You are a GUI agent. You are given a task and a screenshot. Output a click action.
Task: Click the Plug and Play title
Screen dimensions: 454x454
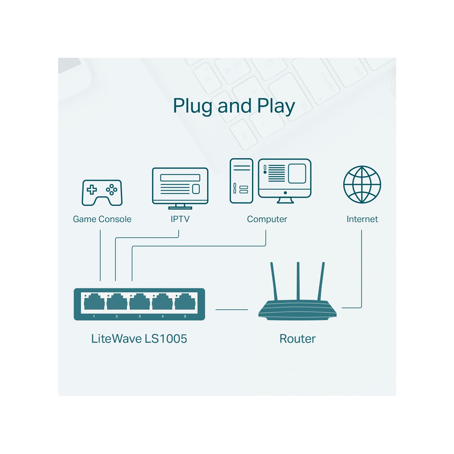point(234,106)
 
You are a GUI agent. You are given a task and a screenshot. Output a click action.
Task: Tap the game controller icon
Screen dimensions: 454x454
point(102,192)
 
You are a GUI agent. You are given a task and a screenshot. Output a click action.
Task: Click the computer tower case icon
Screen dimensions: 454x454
point(241,181)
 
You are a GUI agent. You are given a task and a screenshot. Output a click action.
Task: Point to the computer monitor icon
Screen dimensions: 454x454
point(285,180)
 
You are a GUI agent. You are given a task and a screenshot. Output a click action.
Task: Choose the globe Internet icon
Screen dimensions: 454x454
point(362,184)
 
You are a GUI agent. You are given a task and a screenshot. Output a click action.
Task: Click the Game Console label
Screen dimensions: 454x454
point(102,219)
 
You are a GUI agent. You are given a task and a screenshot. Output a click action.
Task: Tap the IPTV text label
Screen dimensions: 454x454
point(180,219)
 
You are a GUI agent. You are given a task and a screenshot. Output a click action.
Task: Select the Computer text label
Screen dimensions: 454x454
point(267,219)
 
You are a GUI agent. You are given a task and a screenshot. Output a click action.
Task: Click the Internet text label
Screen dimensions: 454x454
point(362,219)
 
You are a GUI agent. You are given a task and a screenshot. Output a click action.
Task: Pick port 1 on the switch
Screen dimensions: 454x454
point(94,303)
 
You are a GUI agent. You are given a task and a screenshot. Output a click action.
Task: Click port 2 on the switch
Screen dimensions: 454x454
point(117,303)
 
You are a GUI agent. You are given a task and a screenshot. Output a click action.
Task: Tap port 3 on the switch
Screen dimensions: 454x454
point(140,303)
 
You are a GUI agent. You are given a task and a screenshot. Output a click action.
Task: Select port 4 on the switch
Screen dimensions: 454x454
point(162,303)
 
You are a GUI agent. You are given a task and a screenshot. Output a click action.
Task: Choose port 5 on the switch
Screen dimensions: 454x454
point(185,303)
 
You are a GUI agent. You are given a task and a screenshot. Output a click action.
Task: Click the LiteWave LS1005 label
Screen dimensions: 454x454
point(139,339)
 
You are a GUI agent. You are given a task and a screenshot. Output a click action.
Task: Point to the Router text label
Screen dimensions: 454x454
point(297,339)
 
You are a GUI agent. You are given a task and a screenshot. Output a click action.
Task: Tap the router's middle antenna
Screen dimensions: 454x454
point(298,281)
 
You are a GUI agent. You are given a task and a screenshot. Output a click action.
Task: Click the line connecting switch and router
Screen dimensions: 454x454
point(232,309)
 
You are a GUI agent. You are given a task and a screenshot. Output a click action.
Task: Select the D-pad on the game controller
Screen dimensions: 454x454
point(92,190)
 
